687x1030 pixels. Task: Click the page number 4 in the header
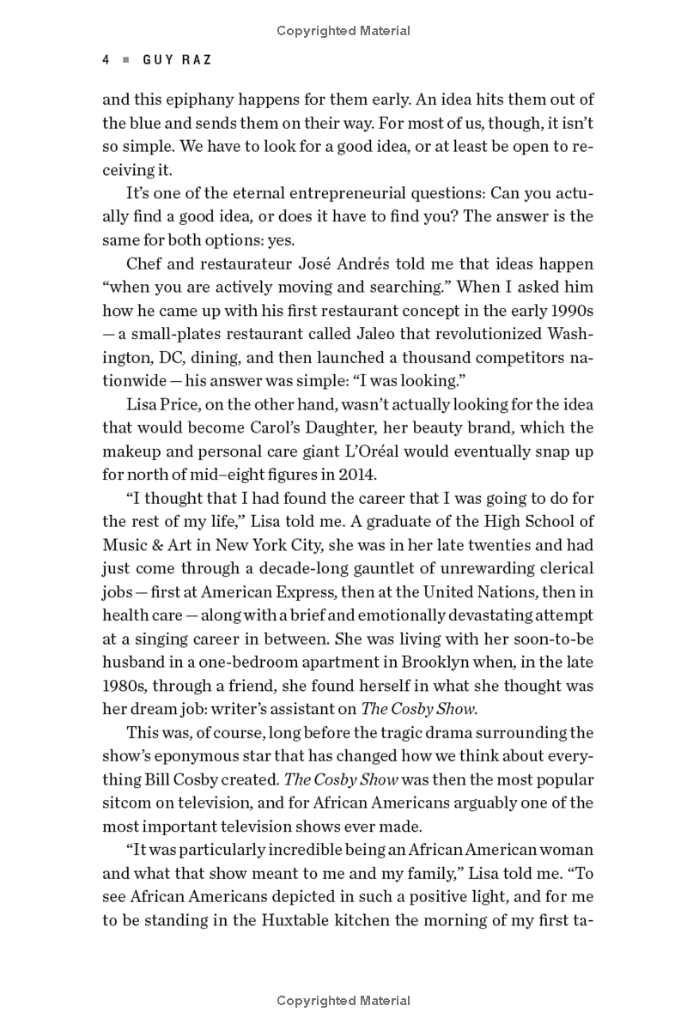[106, 60]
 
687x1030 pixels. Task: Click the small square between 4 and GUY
[125, 60]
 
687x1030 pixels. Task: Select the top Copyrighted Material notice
[343, 31]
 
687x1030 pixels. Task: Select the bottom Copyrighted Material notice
[343, 1001]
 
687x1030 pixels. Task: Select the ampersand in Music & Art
[157, 544]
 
